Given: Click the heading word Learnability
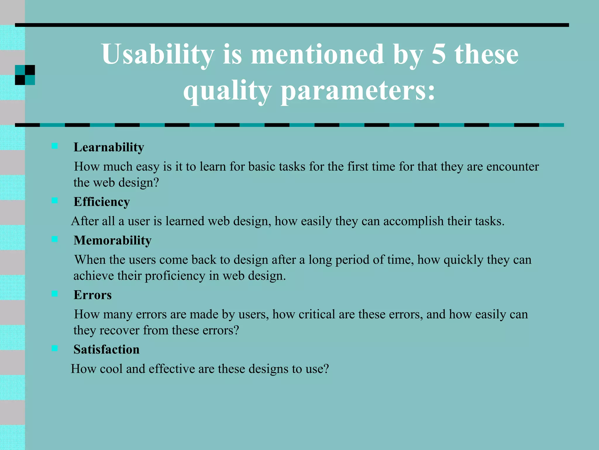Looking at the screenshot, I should tap(109, 147).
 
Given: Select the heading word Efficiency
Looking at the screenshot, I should tap(101, 202).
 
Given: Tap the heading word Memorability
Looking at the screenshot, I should tap(112, 241).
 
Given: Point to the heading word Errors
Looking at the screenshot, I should tap(92, 295).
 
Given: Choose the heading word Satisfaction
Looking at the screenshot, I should tap(106, 350).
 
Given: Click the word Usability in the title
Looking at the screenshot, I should tap(158, 55).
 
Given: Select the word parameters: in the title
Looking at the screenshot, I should tap(358, 91).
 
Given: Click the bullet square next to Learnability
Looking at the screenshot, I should tap(55, 146).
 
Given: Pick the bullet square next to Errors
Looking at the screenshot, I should tap(55, 294).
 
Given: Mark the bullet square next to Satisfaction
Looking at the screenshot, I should tap(55, 348).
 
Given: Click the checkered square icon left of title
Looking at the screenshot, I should tap(25, 75).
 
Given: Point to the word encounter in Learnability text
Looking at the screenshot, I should tap(512, 167).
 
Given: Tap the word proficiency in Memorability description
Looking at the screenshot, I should tap(175, 276).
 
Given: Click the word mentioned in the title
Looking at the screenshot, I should tap(317, 55).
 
